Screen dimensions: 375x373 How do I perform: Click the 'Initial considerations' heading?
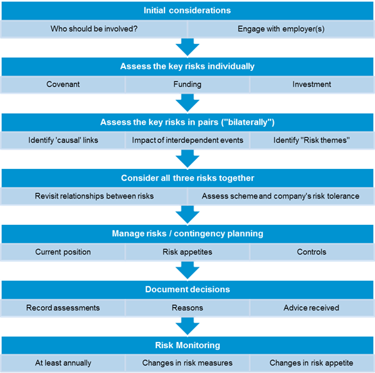tap(187, 11)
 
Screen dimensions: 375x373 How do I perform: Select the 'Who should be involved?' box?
tap(94, 29)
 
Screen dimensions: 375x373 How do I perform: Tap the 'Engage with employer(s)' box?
tap(281, 29)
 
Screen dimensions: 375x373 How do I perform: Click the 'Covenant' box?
tap(63, 84)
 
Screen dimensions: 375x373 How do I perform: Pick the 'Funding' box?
tap(187, 84)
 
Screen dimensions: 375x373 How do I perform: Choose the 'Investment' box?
tap(312, 84)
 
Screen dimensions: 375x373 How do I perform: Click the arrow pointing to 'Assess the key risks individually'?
tap(187, 47)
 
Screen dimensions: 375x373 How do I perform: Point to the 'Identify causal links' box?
tap(63, 140)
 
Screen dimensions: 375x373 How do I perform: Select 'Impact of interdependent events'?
tap(187, 140)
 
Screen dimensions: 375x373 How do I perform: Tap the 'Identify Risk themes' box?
tap(312, 140)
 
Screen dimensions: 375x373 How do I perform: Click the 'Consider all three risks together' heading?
tap(187, 178)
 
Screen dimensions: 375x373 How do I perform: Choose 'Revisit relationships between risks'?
tap(94, 196)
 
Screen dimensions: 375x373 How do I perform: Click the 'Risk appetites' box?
tap(187, 252)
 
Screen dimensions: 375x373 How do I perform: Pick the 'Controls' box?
tap(312, 252)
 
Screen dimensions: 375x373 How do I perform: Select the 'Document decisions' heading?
tap(187, 290)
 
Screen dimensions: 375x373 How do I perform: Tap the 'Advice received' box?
tap(312, 308)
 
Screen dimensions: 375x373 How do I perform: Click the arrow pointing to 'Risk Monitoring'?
tap(187, 326)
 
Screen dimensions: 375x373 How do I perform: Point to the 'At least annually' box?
tap(63, 363)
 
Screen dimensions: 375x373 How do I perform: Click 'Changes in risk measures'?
tap(187, 363)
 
